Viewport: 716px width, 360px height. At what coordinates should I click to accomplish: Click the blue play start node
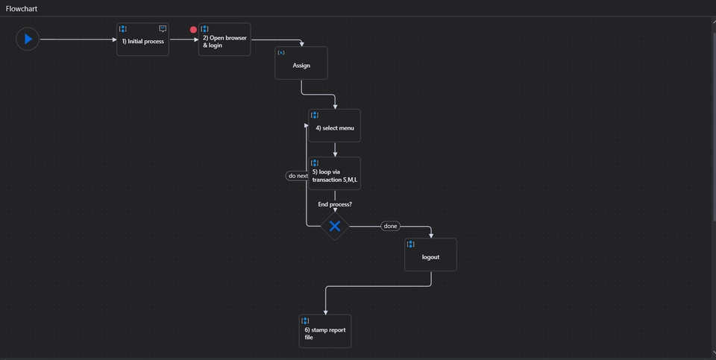[x=28, y=39]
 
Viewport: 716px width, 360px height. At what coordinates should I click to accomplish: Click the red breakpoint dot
[x=194, y=31]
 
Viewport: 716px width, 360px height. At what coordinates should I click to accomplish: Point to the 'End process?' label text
[x=335, y=204]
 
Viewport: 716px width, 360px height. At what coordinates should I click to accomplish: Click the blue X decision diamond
[x=335, y=226]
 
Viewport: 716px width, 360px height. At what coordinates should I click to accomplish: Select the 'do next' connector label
[x=298, y=176]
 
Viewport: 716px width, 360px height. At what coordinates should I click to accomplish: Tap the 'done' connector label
[x=391, y=226]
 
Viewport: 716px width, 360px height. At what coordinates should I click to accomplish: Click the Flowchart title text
[x=22, y=8]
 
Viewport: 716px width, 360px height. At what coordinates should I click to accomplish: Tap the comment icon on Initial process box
[x=163, y=29]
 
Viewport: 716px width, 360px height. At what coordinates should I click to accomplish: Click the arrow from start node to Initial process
[x=78, y=39]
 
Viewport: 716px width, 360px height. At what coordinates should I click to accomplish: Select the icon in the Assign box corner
[x=281, y=53]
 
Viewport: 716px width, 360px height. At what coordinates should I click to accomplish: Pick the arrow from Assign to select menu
[x=318, y=94]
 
